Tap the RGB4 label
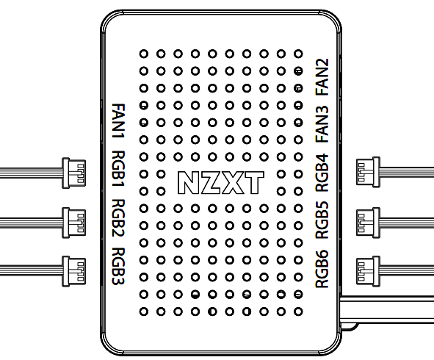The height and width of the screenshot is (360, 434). tap(323, 170)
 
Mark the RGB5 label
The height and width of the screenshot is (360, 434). tap(323, 218)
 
